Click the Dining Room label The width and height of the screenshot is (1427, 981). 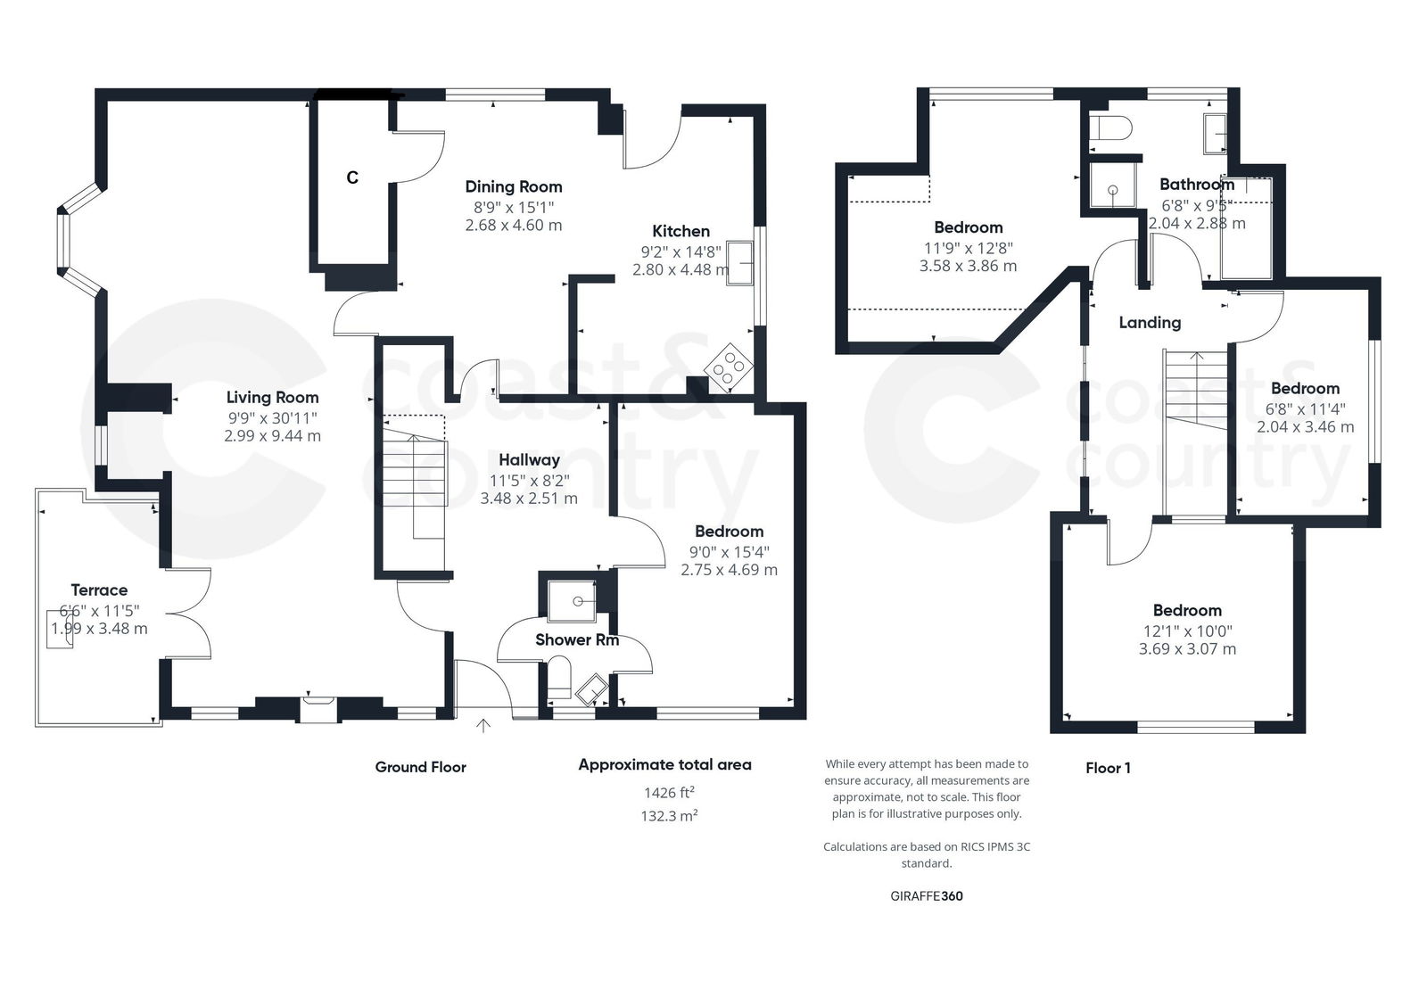coord(514,186)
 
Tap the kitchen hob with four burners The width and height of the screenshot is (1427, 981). coord(729,367)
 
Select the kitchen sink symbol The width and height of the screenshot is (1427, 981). coord(739,262)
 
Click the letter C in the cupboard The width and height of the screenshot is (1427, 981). coord(352,177)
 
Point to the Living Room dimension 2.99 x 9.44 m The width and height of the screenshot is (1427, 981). coord(272,436)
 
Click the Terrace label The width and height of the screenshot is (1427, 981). coord(99,589)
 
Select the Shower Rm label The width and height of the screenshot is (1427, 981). coord(576,639)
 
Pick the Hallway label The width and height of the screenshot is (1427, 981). coord(529,459)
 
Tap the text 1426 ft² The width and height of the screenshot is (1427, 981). coord(669,792)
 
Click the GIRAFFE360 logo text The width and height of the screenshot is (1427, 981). coord(927,896)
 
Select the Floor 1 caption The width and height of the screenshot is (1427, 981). coord(1108,767)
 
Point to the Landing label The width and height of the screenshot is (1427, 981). coord(1150,322)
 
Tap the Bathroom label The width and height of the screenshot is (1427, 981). coord(1196,184)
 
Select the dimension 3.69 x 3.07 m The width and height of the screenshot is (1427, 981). coord(1187,649)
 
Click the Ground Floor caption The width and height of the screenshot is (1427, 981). coord(420,767)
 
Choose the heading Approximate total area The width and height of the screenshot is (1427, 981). coord(664,764)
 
